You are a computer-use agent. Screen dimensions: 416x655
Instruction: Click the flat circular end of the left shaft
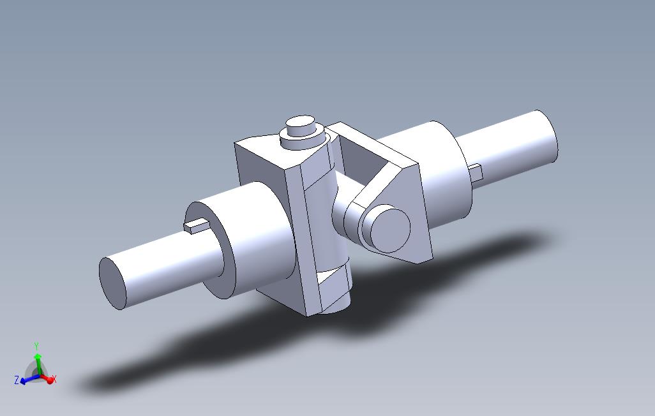pyautogui.click(x=112, y=284)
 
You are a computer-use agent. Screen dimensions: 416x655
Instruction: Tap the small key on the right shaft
pyautogui.click(x=475, y=172)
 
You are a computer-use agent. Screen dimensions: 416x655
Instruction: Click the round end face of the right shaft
pyautogui.click(x=551, y=136)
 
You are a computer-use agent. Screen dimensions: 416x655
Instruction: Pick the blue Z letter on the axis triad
pyautogui.click(x=17, y=380)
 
